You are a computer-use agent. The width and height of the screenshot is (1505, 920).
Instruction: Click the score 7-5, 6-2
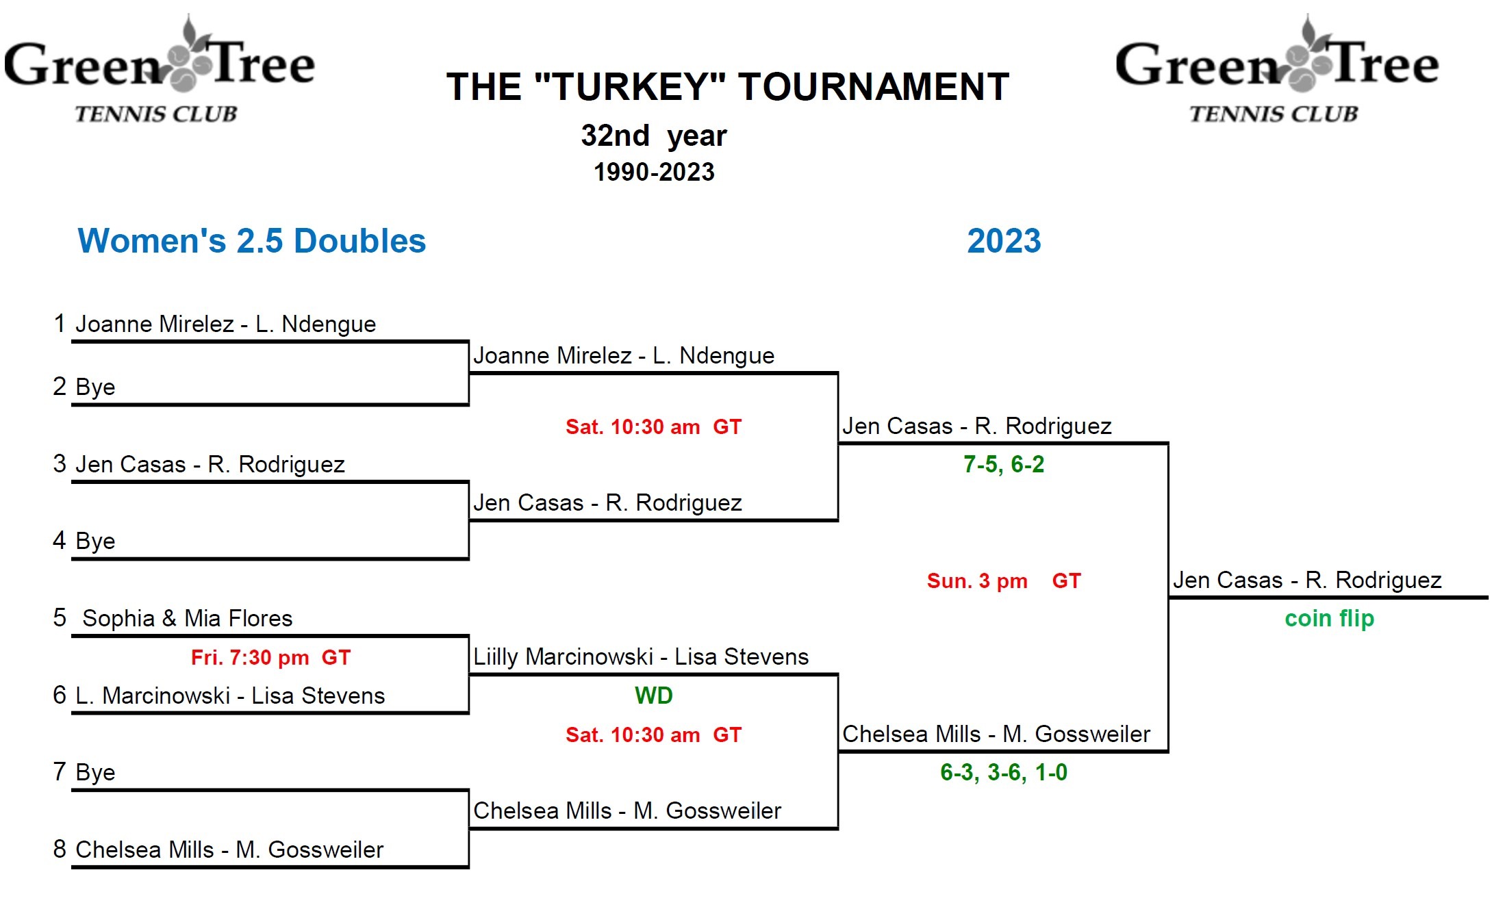click(1003, 465)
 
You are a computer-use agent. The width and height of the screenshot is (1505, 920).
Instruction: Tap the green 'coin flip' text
click(1329, 619)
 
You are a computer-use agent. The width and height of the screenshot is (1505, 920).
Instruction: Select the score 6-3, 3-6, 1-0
click(1003, 773)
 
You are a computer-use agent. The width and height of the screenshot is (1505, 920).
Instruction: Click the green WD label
click(653, 696)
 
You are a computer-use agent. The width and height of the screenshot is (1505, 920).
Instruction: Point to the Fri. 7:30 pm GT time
click(270, 658)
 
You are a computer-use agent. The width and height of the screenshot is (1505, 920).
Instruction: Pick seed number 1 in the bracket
click(60, 323)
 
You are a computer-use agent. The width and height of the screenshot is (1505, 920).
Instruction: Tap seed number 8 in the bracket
click(60, 849)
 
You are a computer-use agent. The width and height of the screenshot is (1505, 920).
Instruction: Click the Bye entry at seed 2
click(95, 387)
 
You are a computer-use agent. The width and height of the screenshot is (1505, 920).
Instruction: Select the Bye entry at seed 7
click(95, 773)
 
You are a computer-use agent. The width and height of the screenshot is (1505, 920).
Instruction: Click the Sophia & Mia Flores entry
click(187, 619)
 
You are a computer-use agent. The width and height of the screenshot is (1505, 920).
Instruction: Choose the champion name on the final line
click(1307, 580)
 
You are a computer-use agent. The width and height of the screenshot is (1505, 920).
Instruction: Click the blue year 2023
click(1004, 241)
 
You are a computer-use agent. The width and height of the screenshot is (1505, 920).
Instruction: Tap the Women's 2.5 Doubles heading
click(252, 241)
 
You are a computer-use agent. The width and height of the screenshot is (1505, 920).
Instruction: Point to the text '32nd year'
click(654, 136)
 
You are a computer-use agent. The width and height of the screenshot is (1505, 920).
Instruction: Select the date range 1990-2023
click(654, 172)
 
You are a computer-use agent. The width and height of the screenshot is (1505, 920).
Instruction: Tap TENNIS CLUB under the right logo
click(1274, 114)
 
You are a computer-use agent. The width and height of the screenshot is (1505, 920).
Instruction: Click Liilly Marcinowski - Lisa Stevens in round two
click(641, 657)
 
